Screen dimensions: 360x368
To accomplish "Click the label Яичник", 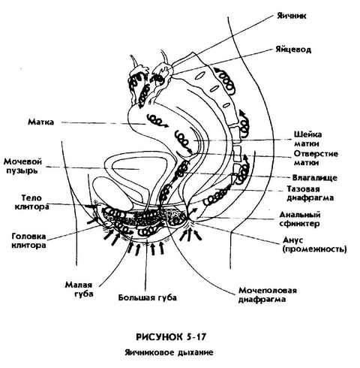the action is (292, 16).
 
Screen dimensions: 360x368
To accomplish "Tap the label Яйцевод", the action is (293, 50).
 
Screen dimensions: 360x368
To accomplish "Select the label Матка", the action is (40, 122).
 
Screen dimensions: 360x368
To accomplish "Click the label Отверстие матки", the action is (316, 158).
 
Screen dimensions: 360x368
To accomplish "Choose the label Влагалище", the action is (315, 178).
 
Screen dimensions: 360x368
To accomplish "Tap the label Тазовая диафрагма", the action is (310, 193).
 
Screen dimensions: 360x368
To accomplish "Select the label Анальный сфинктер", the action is (300, 219).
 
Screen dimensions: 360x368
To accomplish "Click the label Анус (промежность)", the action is (315, 245).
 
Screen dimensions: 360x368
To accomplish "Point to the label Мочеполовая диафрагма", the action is (268, 295).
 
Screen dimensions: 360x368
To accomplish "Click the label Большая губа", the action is (148, 297).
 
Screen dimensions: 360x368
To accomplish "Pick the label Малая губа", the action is (79, 289).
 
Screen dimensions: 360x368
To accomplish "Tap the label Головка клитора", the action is (28, 240).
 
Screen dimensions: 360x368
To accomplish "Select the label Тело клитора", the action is (31, 203).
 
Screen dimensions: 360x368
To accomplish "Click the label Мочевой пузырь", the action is (22, 166).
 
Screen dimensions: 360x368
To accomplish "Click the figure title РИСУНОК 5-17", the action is (171, 336).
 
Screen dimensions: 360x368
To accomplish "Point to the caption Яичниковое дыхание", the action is (169, 352).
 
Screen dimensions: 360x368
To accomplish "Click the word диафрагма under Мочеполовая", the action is (262, 300).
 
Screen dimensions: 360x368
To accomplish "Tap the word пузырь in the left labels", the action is (22, 170).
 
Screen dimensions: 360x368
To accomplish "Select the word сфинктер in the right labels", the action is (299, 223).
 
